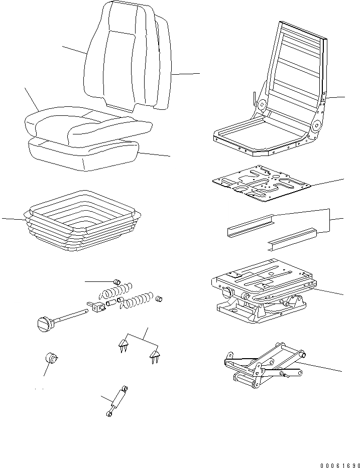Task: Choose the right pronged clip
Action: tap(155, 358)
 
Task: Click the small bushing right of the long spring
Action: tap(161, 299)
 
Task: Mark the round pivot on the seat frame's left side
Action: tap(261, 105)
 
